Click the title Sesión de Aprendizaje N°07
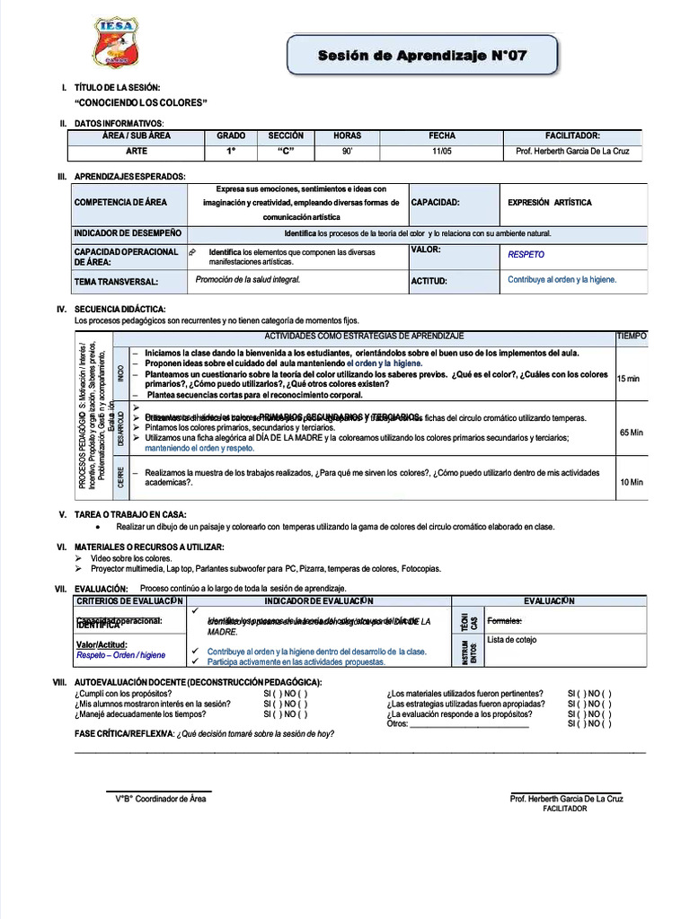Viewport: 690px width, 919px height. [x=422, y=57]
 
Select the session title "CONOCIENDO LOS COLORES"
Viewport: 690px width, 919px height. [x=141, y=103]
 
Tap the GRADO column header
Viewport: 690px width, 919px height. [x=231, y=136]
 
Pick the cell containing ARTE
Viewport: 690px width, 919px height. [x=137, y=152]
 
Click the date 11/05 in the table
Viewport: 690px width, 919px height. [x=442, y=152]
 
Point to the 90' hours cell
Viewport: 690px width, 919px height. [x=347, y=152]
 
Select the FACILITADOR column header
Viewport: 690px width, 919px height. [x=579, y=136]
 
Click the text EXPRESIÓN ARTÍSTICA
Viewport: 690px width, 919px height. [x=550, y=203]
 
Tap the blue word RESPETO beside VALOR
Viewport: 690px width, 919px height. [x=526, y=255]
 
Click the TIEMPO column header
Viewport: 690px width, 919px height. [x=631, y=336]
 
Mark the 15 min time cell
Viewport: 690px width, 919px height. [x=629, y=379]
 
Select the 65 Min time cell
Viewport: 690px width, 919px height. [x=631, y=433]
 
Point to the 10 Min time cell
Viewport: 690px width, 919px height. [x=632, y=482]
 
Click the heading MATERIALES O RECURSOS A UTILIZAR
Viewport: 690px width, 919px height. [x=149, y=547]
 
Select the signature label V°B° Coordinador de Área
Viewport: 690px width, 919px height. [x=161, y=799]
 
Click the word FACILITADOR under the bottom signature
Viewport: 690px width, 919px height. [x=565, y=809]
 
